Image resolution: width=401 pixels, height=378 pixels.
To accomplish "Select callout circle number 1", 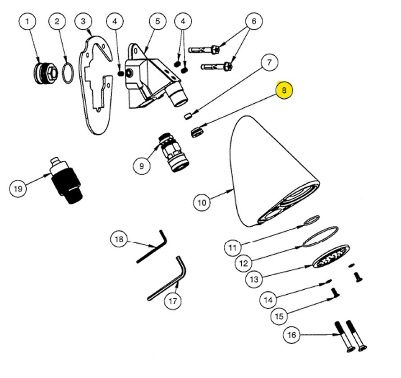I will [28, 21].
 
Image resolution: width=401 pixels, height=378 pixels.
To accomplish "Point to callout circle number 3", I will [84, 21].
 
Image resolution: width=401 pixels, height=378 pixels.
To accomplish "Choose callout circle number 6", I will [254, 21].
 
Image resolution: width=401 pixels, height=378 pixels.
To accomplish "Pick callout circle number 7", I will [269, 63].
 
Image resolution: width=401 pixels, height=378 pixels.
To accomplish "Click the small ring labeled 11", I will [311, 220].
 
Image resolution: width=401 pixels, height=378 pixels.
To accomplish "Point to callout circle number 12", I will [244, 262].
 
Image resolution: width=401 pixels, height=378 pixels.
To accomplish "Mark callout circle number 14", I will [268, 299].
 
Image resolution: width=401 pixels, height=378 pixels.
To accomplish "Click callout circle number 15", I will [280, 316].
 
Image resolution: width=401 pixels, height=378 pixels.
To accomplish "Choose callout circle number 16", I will [292, 335].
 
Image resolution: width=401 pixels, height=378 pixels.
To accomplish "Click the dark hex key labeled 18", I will [151, 248].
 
